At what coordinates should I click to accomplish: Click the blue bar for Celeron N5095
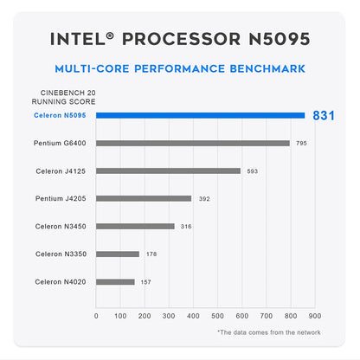pyautogui.click(x=200, y=115)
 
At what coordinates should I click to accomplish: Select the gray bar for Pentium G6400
pyautogui.click(x=193, y=143)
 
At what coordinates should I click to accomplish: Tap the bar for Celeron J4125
pyautogui.click(x=168, y=170)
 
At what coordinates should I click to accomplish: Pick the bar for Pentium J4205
pyautogui.click(x=144, y=198)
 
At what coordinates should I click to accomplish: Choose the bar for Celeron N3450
pyautogui.click(x=135, y=226)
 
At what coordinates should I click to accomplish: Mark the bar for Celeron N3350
pyautogui.click(x=118, y=254)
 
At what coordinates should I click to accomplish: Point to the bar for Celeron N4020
pyautogui.click(x=115, y=281)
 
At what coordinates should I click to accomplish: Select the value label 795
pyautogui.click(x=302, y=143)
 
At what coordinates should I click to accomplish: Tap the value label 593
pyautogui.click(x=253, y=170)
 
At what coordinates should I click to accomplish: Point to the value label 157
pyautogui.click(x=146, y=281)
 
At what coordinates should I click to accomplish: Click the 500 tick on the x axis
pyautogui.click(x=217, y=315)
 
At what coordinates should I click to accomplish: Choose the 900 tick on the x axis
pyautogui.click(x=314, y=315)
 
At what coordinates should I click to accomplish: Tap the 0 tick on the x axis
pyautogui.click(x=96, y=315)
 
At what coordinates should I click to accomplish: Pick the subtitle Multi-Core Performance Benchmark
pyautogui.click(x=180, y=68)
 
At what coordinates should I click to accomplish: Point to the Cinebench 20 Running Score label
pyautogui.click(x=63, y=98)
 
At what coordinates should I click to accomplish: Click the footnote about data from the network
pyautogui.click(x=268, y=332)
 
